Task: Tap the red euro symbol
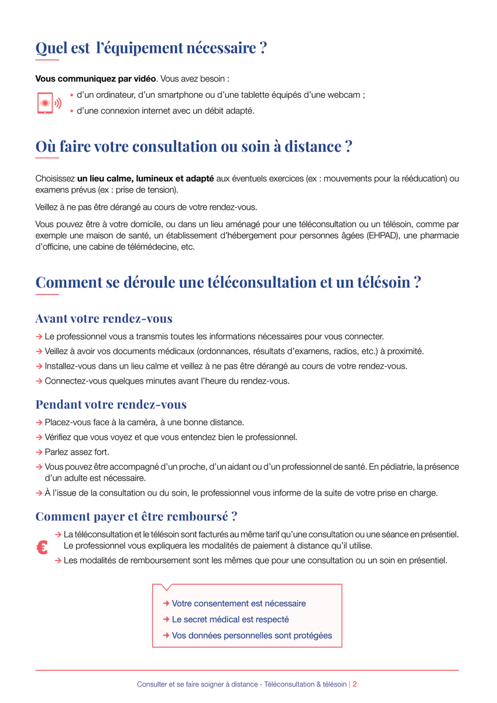click(42, 548)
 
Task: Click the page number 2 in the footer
click(355, 684)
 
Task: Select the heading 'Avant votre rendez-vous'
click(104, 319)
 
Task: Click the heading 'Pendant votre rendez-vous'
click(111, 404)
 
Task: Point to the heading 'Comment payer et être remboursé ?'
click(136, 516)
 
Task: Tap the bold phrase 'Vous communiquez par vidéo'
click(95, 79)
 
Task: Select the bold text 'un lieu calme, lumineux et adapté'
click(145, 178)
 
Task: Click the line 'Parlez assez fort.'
click(77, 452)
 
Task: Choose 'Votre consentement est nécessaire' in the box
click(238, 603)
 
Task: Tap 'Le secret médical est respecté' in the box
click(230, 619)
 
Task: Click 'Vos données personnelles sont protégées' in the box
click(252, 636)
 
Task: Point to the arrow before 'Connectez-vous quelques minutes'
click(39, 381)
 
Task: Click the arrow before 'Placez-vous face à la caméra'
click(39, 422)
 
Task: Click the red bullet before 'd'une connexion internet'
click(71, 111)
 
